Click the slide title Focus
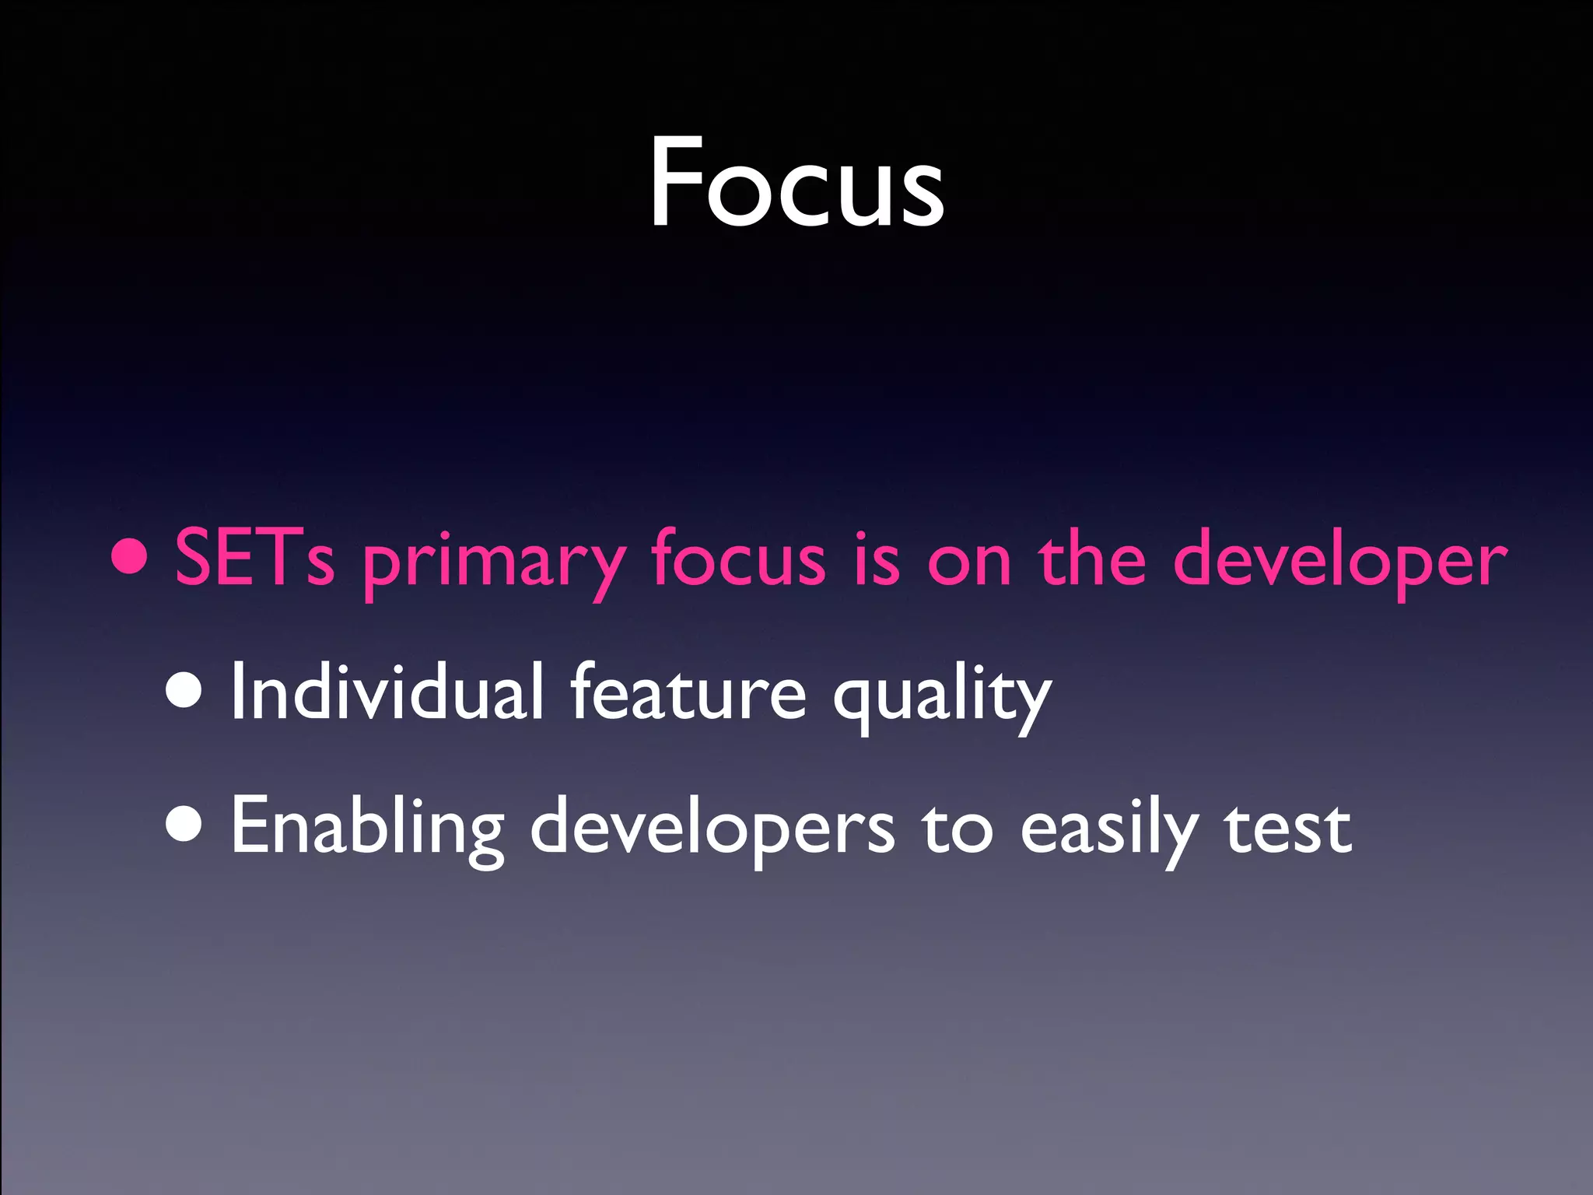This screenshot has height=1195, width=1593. (796, 183)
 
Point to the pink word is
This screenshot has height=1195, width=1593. (876, 559)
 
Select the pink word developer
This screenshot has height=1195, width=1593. (1339, 562)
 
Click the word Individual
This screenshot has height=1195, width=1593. (387, 691)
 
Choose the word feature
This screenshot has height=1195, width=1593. (688, 691)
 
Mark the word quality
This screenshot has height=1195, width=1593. (941, 696)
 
